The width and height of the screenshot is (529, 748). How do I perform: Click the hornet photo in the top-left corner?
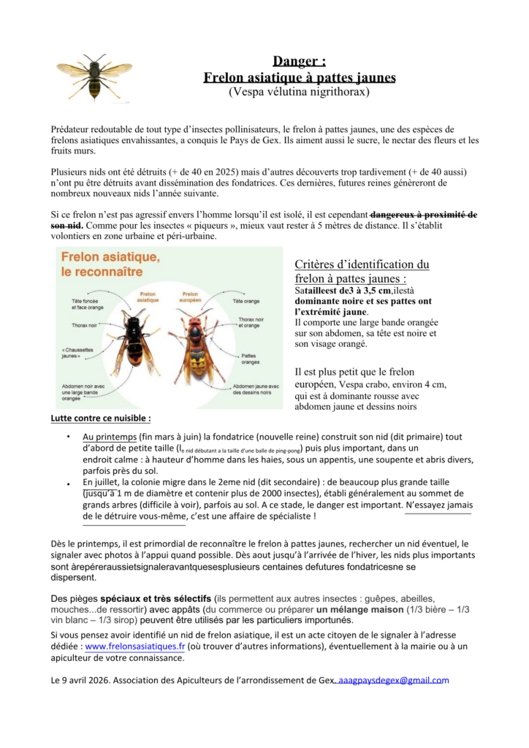click(94, 76)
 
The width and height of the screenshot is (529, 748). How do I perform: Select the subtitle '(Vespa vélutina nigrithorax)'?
click(300, 92)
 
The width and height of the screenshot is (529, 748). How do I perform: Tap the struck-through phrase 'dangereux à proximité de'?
click(424, 215)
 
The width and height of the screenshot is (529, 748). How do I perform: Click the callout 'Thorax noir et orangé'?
click(254, 322)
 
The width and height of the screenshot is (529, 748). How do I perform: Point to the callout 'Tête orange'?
click(246, 301)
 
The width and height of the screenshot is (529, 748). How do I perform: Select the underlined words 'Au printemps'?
click(105, 436)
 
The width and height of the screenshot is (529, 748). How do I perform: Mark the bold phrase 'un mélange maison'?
click(359, 609)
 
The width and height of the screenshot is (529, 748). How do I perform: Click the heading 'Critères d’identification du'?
click(362, 264)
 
